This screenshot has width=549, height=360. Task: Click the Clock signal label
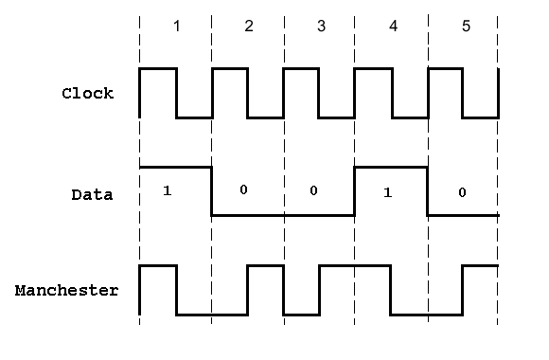pos(87,94)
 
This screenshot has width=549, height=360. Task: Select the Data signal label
pos(92,195)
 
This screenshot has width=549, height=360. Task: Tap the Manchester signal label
pos(67,290)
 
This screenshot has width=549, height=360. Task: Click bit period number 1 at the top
pos(176,26)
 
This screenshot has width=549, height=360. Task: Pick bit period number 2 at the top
pos(249,26)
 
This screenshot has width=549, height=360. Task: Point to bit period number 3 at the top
pos(321,26)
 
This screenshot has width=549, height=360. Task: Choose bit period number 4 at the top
pos(393,26)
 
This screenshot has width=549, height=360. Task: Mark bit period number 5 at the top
pos(465,26)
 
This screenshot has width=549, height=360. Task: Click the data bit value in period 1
pos(167,190)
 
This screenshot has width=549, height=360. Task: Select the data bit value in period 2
pos(243,189)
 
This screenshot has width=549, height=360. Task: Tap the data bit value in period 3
pos(314,190)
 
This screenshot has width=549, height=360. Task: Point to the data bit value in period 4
pos(387,192)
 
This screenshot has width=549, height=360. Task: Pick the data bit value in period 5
pos(462,192)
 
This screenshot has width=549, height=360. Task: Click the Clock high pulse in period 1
pos(158,69)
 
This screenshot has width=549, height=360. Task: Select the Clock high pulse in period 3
pos(301,69)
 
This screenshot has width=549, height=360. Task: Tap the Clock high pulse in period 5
pos(446,69)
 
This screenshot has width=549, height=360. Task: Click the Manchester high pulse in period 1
pos(158,266)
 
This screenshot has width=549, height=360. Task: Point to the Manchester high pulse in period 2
pos(265,266)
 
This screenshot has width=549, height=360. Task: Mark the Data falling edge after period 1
pos(211,190)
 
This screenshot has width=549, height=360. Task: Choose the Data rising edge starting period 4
pos(355,190)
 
